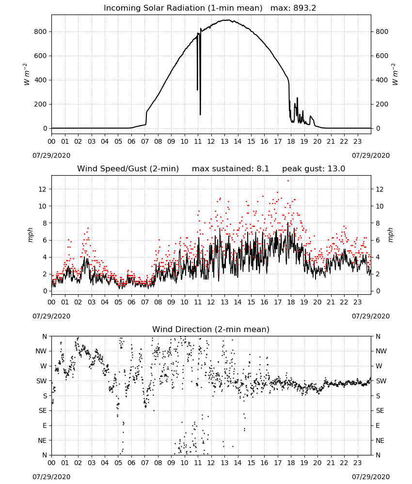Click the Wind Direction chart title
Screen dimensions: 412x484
[x=211, y=329]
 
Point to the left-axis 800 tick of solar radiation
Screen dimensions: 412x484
[x=41, y=31]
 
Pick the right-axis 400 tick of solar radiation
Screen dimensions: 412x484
[x=382, y=80]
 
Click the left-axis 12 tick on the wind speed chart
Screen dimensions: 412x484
[x=43, y=189]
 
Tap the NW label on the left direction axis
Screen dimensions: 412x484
[x=41, y=351]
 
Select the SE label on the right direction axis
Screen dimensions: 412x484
[x=380, y=410]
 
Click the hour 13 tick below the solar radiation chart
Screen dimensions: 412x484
[x=224, y=142]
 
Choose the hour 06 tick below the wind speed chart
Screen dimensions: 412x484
[x=131, y=302]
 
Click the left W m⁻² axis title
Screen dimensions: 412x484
[x=27, y=75]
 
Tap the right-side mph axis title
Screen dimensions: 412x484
[x=390, y=235]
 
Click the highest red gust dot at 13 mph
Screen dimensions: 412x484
[x=288, y=181]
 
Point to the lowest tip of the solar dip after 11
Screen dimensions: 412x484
[x=200, y=115]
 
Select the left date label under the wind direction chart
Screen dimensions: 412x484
[x=51, y=477]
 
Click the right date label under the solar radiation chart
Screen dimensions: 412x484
[x=371, y=155]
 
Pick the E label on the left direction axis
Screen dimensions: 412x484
[x=45, y=425]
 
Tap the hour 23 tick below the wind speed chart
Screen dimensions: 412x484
[x=357, y=302]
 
